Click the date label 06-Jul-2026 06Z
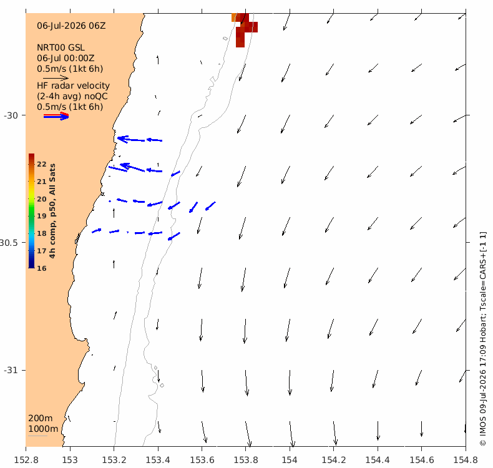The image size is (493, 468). tap(71, 26)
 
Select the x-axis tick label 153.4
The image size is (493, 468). tap(158, 460)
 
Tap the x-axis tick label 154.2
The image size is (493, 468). tap(334, 460)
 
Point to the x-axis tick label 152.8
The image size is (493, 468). tap(26, 460)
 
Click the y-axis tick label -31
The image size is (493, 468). tap(11, 370)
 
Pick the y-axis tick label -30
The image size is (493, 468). tap(11, 115)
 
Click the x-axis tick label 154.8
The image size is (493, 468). tap(466, 460)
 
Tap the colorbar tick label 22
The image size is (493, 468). tap(42, 164)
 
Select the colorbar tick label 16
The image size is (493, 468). tap(42, 268)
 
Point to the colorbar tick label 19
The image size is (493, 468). tap(42, 216)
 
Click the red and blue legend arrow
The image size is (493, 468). tap(56, 116)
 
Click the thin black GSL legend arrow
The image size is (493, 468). tap(56, 78)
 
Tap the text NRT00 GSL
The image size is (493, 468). tap(61, 47)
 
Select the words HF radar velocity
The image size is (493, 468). tap(73, 85)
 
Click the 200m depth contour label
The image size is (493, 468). tap(40, 418)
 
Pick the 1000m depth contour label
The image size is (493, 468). tap(43, 429)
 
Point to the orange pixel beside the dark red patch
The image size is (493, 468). tap(233, 17)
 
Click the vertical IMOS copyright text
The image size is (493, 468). tap(482, 338)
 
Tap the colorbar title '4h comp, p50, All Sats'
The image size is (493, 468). tap(52, 211)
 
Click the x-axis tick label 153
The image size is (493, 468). tap(70, 460)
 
